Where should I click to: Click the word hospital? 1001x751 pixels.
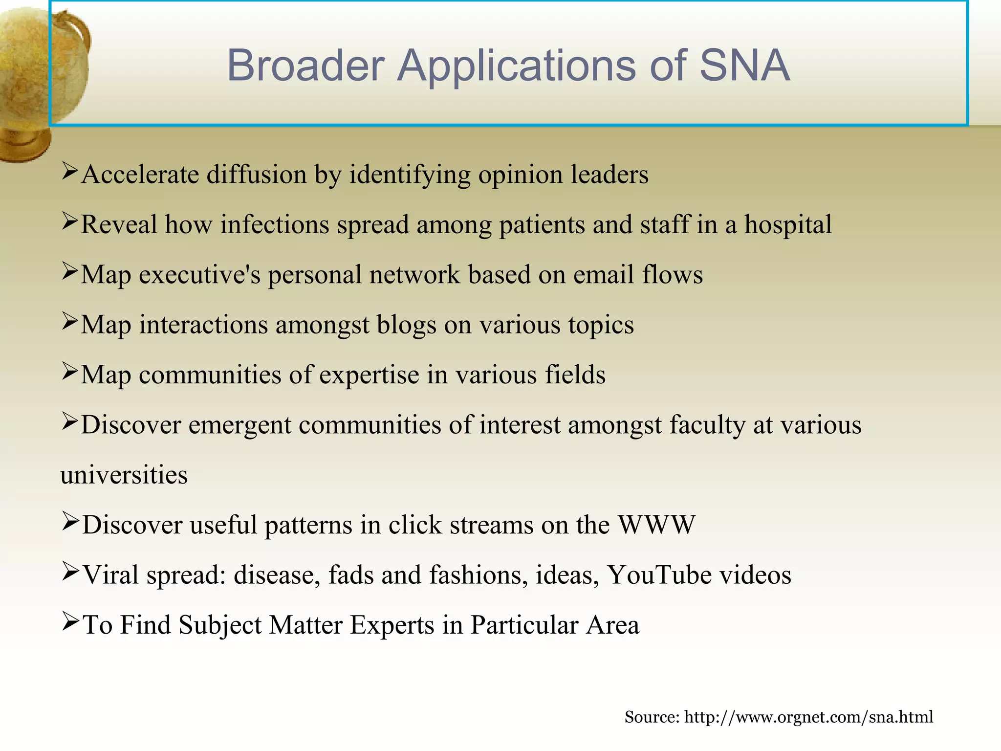pos(788,225)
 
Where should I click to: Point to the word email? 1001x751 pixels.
pos(603,275)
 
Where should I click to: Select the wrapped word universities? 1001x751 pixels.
pos(124,475)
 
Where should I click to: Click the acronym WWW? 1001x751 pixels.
pos(656,525)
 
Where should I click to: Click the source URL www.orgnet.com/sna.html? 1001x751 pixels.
pos(808,717)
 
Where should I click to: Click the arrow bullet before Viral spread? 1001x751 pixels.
pos(70,571)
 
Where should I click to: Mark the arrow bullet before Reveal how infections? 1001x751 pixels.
pos(70,221)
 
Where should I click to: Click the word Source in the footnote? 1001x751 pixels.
pos(652,717)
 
